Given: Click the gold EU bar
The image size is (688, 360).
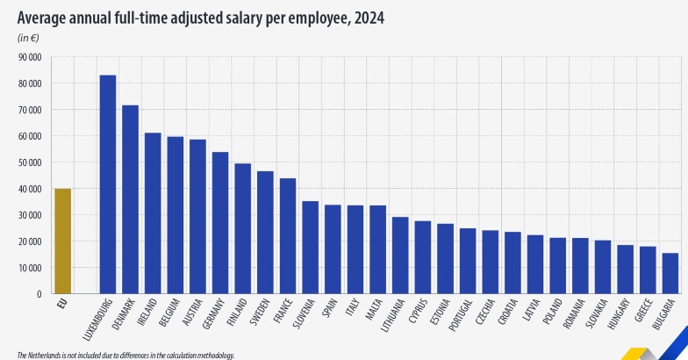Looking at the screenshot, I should [x=62, y=241].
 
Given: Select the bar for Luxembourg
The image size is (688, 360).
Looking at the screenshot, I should [x=108, y=184].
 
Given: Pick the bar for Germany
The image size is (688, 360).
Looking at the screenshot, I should [x=220, y=223].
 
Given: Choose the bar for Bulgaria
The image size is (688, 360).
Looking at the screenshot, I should [x=670, y=273].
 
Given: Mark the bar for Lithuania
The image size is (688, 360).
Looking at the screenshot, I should [x=400, y=256].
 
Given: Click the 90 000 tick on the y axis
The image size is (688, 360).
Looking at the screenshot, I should [x=30, y=57].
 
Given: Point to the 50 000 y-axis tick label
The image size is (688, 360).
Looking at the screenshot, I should [x=30, y=162].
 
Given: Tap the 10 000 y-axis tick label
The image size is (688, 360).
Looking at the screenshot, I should [x=30, y=268].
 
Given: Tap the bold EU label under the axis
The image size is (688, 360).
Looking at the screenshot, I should [x=61, y=304].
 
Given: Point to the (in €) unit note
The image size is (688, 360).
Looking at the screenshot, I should [x=30, y=38].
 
